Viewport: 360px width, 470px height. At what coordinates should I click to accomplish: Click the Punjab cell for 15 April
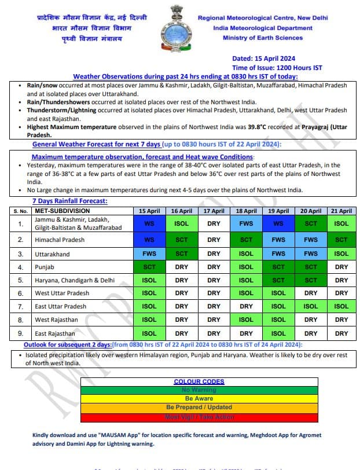pyautogui.click(x=149, y=267)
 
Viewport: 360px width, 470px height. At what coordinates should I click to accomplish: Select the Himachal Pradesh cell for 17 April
pyautogui.click(x=214, y=240)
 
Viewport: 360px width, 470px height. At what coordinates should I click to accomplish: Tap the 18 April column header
pyautogui.click(x=246, y=211)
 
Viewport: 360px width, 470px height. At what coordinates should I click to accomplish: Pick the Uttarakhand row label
pyautogui.click(x=52, y=254)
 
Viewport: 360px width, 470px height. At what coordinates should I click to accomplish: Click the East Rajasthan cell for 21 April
pyautogui.click(x=341, y=333)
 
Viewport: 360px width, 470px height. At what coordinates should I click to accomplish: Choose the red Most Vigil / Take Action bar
pyautogui.click(x=199, y=417)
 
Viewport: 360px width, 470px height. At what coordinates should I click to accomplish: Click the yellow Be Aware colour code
pyautogui.click(x=199, y=399)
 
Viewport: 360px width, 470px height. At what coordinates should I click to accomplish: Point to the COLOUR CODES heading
pyautogui.click(x=199, y=381)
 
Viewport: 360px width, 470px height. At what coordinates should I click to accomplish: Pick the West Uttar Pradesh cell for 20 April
pyautogui.click(x=311, y=293)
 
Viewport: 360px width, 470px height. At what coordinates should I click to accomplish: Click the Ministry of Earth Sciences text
pyautogui.click(x=262, y=38)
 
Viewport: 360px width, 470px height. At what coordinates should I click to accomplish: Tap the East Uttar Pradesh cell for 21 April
pyautogui.click(x=341, y=307)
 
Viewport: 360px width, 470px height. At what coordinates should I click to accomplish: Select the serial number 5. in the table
pyautogui.click(x=21, y=280)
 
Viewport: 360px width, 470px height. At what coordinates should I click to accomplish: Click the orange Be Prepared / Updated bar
pyautogui.click(x=199, y=407)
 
